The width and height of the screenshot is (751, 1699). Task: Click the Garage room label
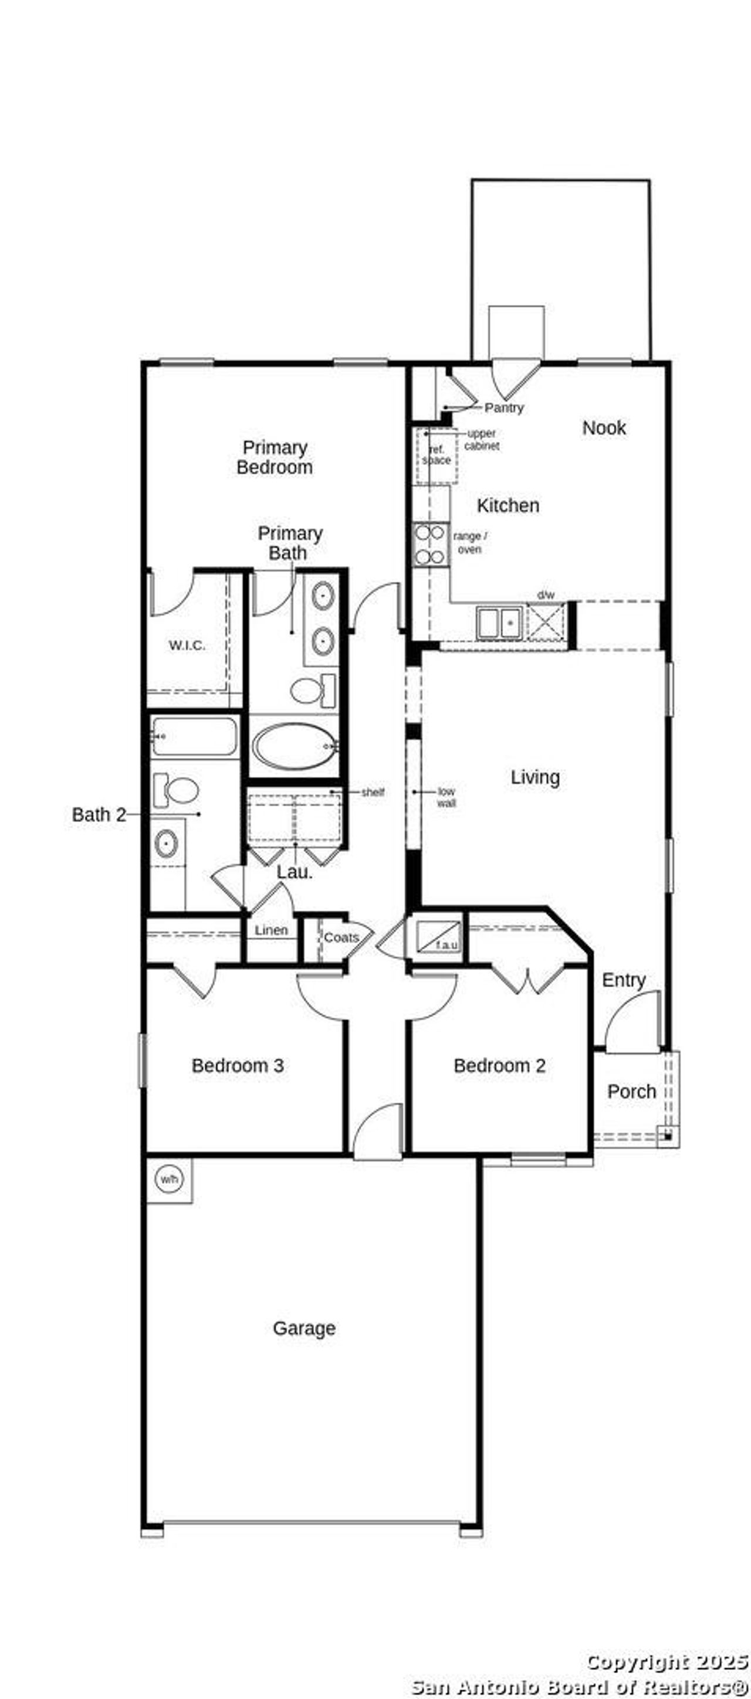(305, 1328)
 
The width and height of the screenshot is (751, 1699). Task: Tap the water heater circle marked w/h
(169, 1178)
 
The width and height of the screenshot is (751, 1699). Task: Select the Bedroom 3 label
(238, 1065)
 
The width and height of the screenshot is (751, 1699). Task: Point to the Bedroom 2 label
(499, 1065)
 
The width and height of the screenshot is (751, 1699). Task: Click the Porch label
(631, 1091)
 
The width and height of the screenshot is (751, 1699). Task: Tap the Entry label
(624, 980)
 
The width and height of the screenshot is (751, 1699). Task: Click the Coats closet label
(341, 937)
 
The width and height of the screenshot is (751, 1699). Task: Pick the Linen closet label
(271, 930)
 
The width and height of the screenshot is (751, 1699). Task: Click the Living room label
(535, 777)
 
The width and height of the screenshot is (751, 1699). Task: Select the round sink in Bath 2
(165, 844)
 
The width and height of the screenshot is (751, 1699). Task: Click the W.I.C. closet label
(187, 645)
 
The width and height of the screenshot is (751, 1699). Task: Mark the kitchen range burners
(429, 544)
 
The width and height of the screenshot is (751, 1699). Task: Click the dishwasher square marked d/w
(545, 621)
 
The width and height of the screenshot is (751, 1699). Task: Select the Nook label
(604, 427)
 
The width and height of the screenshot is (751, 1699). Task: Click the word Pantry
(504, 407)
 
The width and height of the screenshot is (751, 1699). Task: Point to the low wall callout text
(446, 797)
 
